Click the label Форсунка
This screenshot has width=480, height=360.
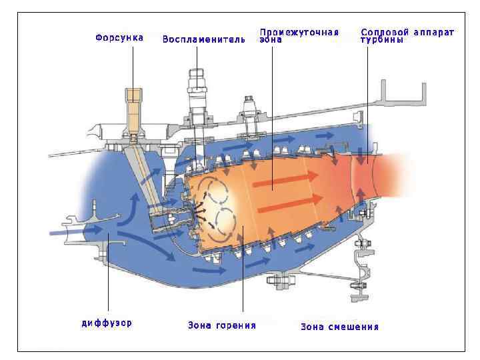tap(119, 37)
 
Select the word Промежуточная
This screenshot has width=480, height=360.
tap(299, 31)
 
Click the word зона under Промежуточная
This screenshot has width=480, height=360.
tap(271, 39)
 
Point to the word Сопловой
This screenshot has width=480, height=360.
tap(384, 31)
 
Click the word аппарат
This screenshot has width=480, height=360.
tap(433, 31)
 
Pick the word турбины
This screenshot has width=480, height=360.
tap(382, 39)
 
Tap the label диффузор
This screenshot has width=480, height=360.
tap(107, 323)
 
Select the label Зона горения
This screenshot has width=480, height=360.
tap(222, 325)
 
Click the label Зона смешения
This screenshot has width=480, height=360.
tap(339, 327)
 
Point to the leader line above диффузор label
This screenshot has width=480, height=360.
tap(108, 280)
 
